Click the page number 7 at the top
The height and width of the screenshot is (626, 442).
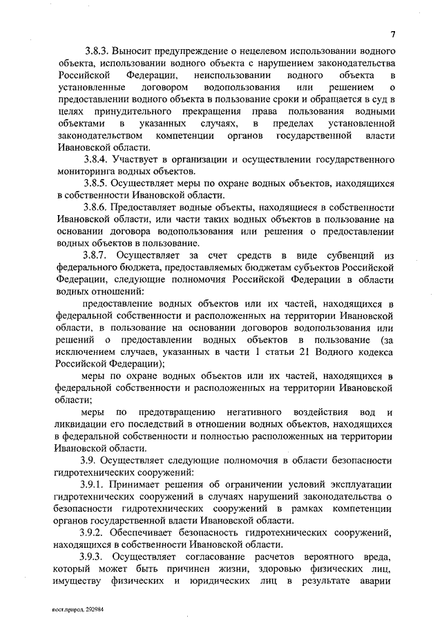tap(392, 34)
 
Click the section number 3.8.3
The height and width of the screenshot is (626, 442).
tap(97, 52)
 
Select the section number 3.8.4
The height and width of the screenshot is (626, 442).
tap(97, 159)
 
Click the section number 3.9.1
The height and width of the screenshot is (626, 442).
tap(97, 484)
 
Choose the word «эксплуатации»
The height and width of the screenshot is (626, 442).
tap(362, 484)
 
